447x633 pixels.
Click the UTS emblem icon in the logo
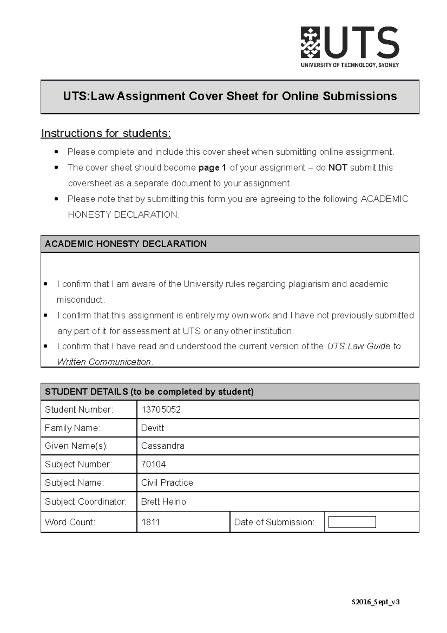[x=310, y=42]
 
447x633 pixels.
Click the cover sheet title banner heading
[x=230, y=97]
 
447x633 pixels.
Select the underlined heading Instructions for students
[x=106, y=133]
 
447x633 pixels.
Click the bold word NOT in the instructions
[x=337, y=168]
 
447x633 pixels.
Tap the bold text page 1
[x=212, y=168]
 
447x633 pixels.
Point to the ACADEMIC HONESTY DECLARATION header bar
[x=230, y=244]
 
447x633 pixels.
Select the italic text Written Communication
[x=104, y=362]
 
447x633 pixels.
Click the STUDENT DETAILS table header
[x=230, y=392]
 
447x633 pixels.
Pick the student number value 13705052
[x=161, y=410]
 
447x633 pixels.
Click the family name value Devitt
[x=153, y=428]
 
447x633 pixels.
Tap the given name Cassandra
[x=163, y=446]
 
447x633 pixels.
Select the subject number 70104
[x=153, y=464]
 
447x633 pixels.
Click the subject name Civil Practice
[x=167, y=483]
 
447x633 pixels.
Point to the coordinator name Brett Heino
[x=164, y=502]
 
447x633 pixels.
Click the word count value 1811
[x=150, y=522]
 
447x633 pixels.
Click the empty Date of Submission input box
[x=352, y=522]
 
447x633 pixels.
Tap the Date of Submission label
[x=274, y=522]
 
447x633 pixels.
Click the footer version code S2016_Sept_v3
[x=375, y=602]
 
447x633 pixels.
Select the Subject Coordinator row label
[x=86, y=502]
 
